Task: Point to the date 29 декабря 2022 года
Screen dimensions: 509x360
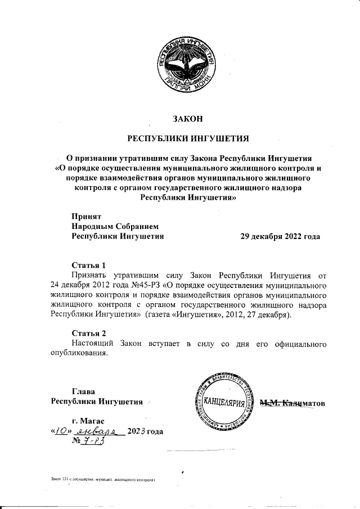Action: click(280, 236)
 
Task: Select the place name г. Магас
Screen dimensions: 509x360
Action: click(88, 421)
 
